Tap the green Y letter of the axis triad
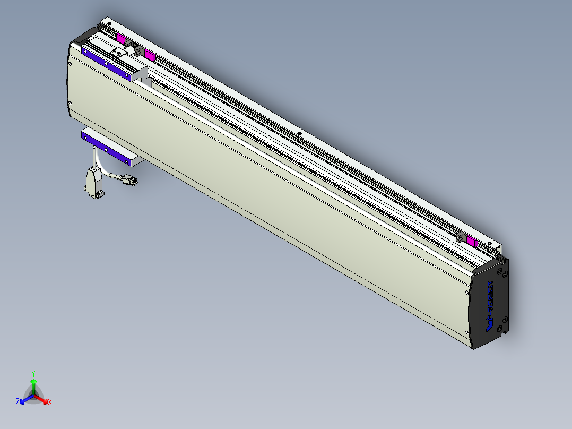point(33,373)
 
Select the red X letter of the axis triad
point(50,402)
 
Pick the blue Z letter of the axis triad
point(18,402)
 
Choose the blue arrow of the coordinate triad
point(24,399)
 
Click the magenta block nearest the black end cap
point(471,242)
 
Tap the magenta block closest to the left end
point(121,39)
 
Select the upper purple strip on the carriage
point(106,63)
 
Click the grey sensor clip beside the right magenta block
point(460,237)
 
